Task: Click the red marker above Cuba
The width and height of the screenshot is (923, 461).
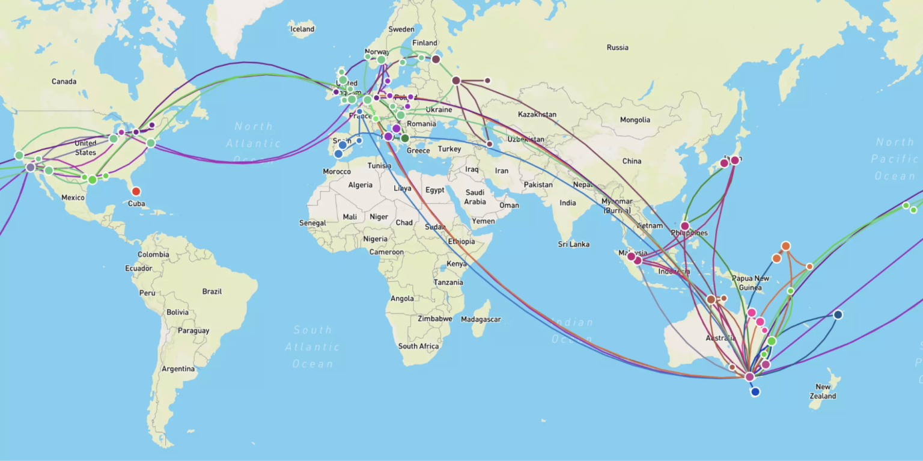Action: coord(136,191)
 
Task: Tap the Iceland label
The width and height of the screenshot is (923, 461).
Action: coord(302,29)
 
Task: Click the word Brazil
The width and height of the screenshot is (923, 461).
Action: coord(212,292)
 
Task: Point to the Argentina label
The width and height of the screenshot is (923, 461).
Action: coord(178,368)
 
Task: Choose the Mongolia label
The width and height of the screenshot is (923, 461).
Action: coord(635,120)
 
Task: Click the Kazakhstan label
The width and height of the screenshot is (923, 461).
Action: coord(537,114)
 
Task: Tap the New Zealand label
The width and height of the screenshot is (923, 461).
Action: coord(823,391)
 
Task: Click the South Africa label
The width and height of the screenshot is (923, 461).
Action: coord(418,346)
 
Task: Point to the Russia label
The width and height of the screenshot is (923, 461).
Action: coord(617,47)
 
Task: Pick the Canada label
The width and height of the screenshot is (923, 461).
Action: coord(64,82)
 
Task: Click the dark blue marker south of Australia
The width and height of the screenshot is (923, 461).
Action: coord(755,392)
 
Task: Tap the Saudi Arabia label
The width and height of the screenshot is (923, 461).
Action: coord(475,197)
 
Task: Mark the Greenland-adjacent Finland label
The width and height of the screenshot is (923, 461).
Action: coord(425,43)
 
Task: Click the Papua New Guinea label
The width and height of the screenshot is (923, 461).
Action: coord(750,282)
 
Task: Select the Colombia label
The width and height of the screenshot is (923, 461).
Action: coord(153,254)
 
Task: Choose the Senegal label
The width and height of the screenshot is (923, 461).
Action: coord(312,223)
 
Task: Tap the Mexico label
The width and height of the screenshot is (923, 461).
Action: coord(73,197)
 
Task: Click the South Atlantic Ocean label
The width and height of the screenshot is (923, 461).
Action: coord(312,347)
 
